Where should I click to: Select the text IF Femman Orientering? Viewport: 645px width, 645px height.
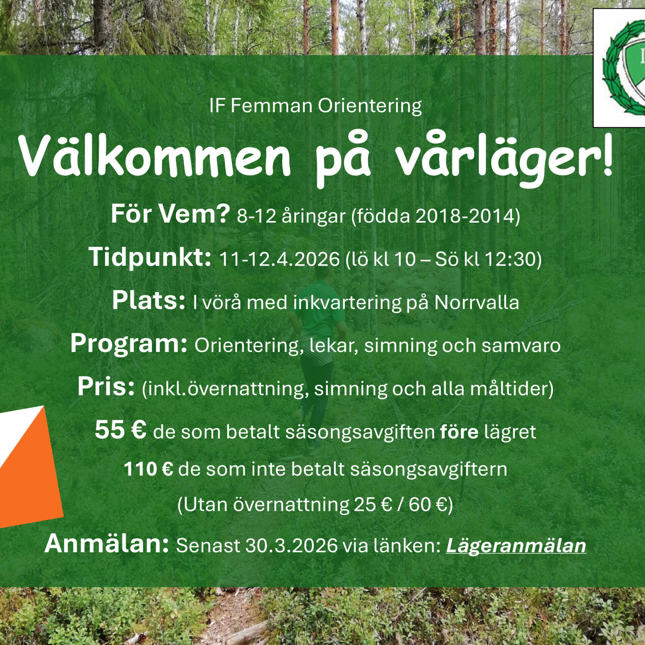pyautogui.click(x=315, y=106)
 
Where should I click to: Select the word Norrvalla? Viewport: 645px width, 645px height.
pyautogui.click(x=476, y=303)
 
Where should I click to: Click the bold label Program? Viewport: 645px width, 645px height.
pyautogui.click(x=129, y=345)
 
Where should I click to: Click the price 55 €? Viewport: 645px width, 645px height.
pyautogui.click(x=121, y=430)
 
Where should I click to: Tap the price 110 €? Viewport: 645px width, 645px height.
pyautogui.click(x=149, y=469)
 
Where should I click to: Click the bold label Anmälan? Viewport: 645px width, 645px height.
pyautogui.click(x=106, y=544)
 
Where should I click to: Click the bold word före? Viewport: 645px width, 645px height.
pyautogui.click(x=459, y=431)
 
